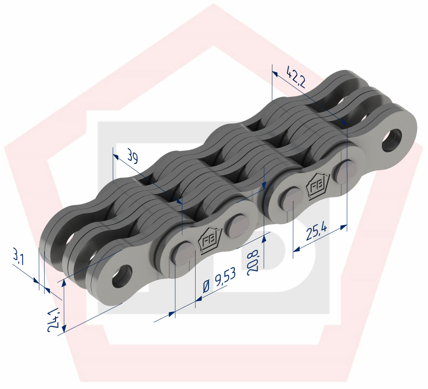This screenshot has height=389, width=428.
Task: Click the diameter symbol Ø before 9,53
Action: [207, 288]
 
